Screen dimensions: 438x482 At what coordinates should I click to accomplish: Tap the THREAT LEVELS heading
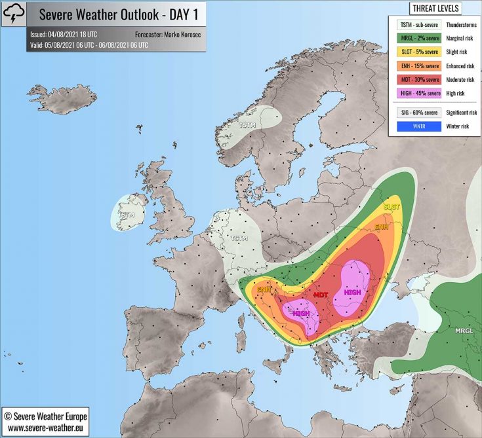pos(435,9)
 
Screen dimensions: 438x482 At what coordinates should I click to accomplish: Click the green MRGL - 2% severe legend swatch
pos(418,39)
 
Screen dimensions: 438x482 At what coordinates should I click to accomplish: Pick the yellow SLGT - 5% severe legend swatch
pos(418,52)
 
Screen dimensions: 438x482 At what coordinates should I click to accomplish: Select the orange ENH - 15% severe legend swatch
pos(418,66)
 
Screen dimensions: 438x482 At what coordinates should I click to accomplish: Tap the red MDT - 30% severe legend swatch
pos(418,80)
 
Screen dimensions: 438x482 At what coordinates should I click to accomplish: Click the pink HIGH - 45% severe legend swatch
pos(418,94)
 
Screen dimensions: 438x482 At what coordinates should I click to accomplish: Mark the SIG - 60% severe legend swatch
pos(418,113)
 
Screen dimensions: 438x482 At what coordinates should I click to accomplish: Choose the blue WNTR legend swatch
pos(418,126)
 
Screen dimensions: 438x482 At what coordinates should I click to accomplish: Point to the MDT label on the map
pos(321,295)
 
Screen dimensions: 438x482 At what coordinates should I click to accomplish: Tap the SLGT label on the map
pos(392,207)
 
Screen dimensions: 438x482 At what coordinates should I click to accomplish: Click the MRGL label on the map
pos(464,331)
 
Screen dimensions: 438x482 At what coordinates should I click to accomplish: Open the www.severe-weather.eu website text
pos(45,428)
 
